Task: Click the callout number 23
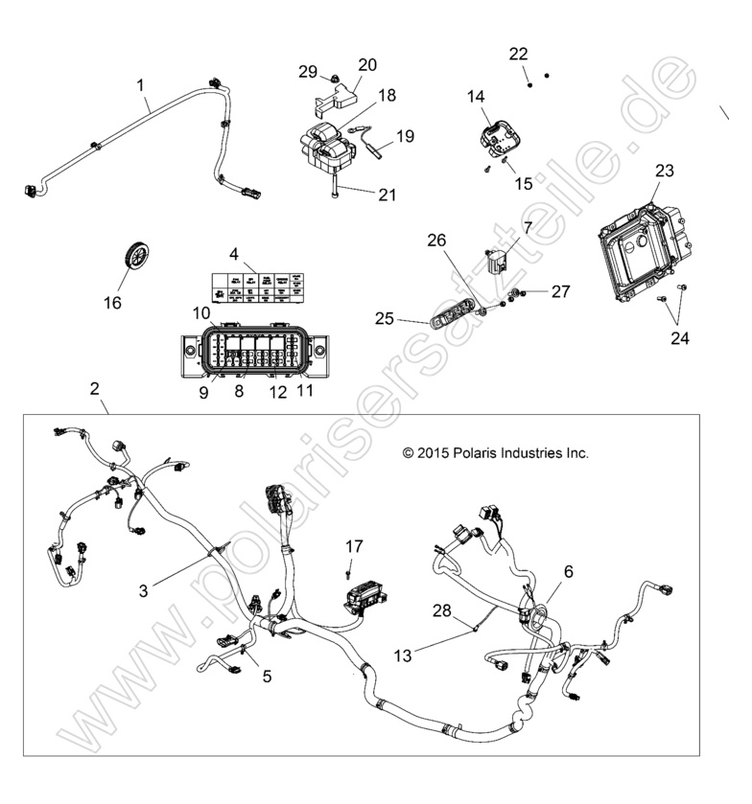coord(664,172)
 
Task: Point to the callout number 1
coord(142,85)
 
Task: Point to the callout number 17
coord(355,546)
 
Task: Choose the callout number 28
coord(441,610)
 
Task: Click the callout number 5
coord(267,676)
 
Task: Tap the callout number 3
coord(143,591)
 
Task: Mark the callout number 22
coord(518,53)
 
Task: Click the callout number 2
coord(94,388)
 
